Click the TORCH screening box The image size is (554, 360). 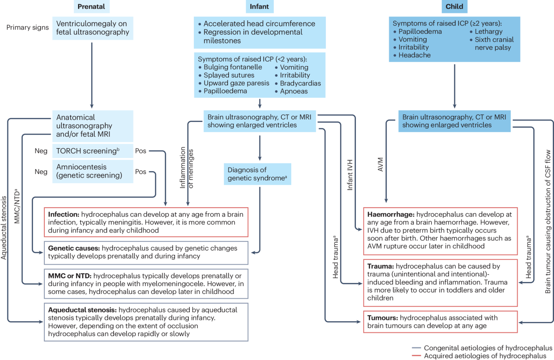92,151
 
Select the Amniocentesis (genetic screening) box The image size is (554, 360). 92,172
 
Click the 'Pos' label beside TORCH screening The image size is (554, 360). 140,151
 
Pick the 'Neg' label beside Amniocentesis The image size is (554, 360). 41,172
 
